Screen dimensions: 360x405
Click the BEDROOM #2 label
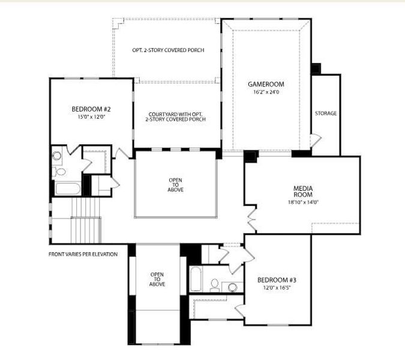click(x=91, y=109)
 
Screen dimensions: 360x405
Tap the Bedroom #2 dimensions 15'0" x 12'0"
click(x=91, y=117)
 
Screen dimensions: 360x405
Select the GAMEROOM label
click(x=266, y=85)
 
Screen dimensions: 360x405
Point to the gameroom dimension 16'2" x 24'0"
click(x=266, y=92)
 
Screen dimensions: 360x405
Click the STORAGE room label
click(x=326, y=113)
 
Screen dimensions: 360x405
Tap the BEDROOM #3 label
click(x=277, y=280)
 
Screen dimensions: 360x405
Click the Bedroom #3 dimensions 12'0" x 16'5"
click(x=277, y=287)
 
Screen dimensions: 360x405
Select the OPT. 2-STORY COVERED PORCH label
click(x=168, y=50)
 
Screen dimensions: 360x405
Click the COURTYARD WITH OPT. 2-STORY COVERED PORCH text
click(x=175, y=116)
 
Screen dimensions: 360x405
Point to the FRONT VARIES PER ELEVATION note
click(x=83, y=254)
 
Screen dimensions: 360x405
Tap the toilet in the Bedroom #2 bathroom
click(x=61, y=172)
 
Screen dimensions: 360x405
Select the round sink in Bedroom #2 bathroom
click(x=57, y=156)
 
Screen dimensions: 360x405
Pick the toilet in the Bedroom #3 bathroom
click(x=214, y=284)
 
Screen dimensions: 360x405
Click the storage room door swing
click(x=315, y=141)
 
